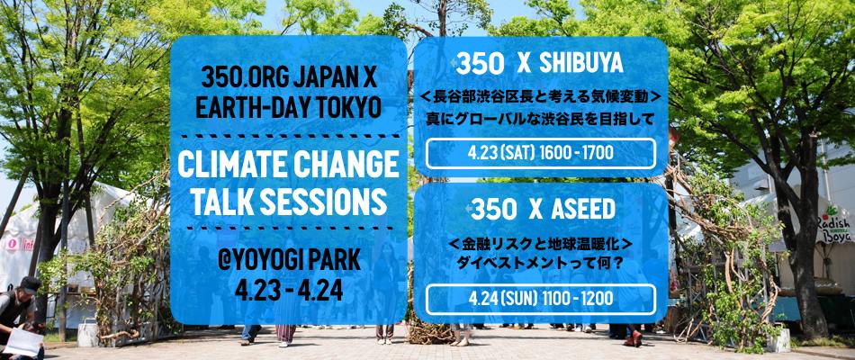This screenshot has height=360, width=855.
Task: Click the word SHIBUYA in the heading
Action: coord(580,65)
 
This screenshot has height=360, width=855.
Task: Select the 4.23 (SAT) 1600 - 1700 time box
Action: coord(540,153)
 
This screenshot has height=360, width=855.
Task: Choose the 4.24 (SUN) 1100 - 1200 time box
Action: coord(540,299)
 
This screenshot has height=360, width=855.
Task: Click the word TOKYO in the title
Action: coord(344,108)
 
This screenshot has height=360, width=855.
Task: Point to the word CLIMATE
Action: coord(226,166)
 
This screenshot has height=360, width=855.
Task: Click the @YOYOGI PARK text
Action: coord(289,261)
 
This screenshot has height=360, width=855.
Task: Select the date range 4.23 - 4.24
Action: coord(289,291)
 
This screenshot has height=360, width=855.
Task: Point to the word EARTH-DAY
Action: coord(249,108)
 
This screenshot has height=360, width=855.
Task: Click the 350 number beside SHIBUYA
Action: coord(480,65)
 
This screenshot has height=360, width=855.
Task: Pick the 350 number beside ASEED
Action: coord(493,210)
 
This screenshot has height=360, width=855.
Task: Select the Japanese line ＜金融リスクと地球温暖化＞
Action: coord(540,245)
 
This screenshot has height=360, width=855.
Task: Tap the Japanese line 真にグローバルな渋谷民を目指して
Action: coord(540,120)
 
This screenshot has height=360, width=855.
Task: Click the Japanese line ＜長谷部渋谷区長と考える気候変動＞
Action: coord(540,97)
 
